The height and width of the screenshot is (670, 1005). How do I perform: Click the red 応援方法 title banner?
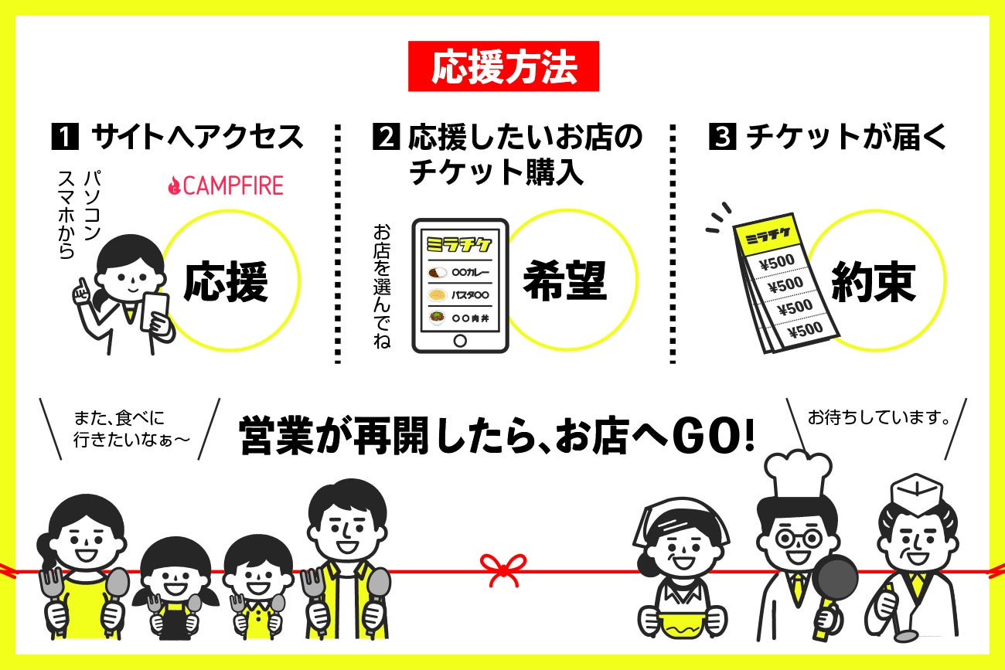503,66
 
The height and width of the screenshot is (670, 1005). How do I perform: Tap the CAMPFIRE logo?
226,185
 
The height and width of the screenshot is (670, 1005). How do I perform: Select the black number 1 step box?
65,136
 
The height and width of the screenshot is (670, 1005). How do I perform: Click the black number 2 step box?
386,136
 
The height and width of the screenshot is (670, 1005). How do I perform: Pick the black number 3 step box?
722,136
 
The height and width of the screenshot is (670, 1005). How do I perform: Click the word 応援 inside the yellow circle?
226,281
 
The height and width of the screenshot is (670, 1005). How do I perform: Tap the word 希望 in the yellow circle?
565,281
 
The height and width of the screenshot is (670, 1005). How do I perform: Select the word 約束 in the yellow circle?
873,281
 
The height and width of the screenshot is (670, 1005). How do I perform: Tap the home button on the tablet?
460,341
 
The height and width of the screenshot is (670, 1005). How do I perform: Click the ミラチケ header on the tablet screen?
459,244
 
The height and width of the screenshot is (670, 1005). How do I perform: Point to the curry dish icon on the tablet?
437,272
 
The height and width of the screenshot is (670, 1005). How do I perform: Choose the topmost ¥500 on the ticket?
778,262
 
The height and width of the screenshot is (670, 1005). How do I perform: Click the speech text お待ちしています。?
879,417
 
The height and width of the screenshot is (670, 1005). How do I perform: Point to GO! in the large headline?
714,436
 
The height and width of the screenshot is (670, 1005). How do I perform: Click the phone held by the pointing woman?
155,311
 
